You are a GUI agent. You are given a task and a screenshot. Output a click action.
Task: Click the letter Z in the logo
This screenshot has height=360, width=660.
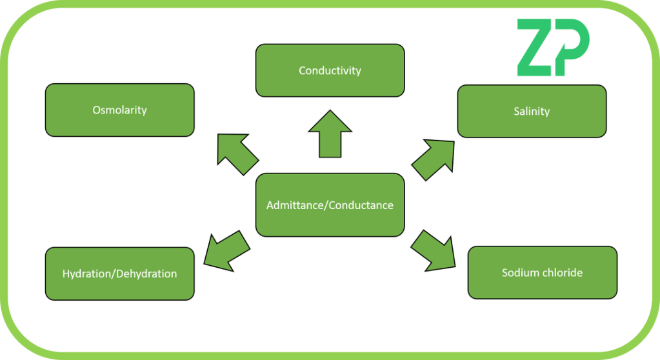tap(538, 48)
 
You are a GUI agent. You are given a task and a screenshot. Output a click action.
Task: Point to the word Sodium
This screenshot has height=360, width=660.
tap(519, 272)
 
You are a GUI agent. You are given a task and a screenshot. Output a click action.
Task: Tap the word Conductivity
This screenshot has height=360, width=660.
tap(330, 70)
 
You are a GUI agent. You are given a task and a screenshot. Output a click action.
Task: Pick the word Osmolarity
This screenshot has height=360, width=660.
tap(119, 110)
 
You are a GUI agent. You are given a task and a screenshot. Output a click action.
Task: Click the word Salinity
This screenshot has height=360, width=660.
tap(532, 111)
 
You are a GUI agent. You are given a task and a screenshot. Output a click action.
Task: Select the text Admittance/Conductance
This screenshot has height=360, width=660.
tap(330, 205)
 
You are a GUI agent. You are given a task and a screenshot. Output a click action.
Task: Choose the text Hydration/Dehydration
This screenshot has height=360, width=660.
tap(119, 274)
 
